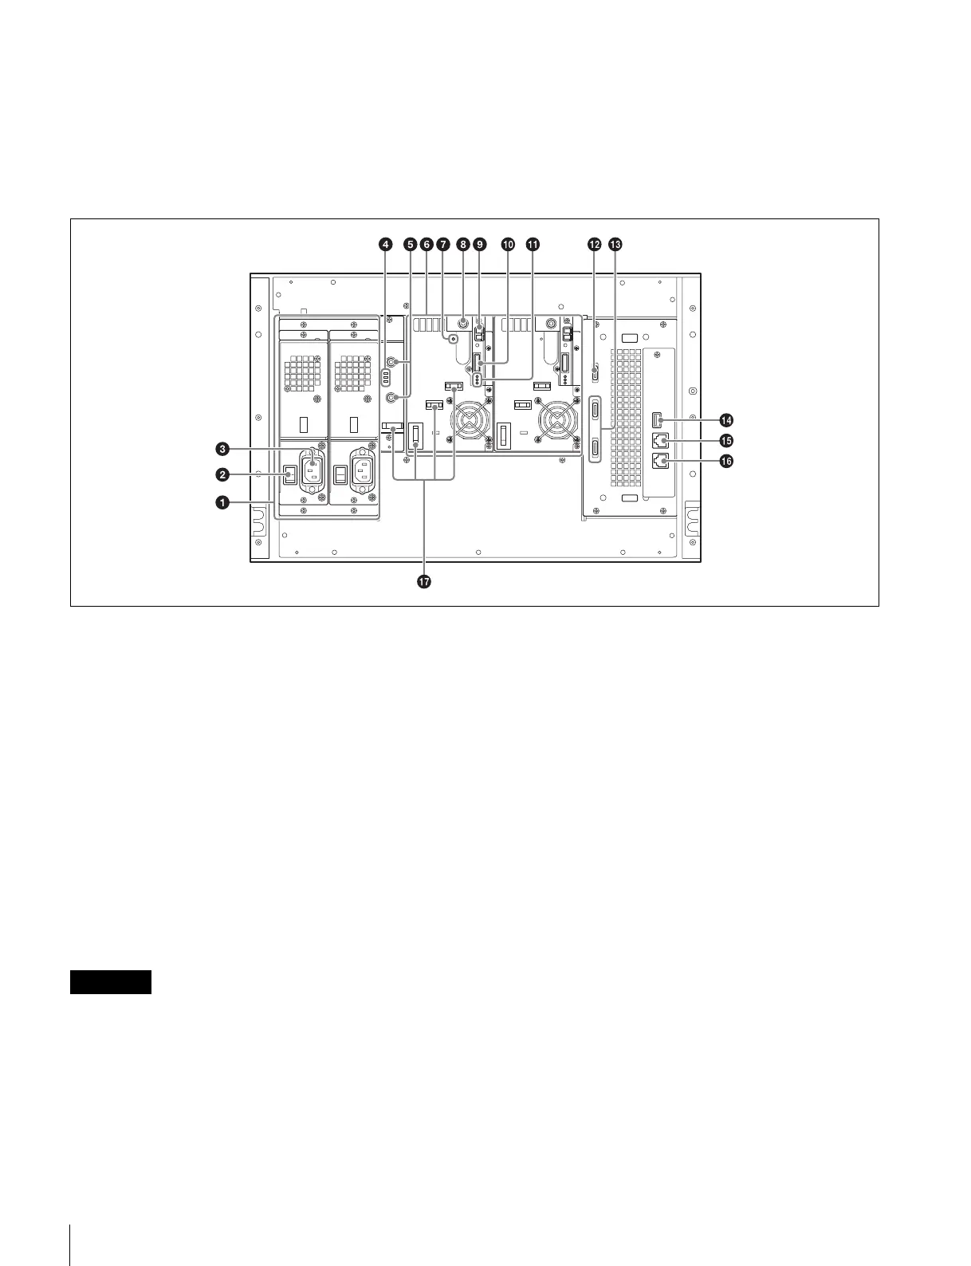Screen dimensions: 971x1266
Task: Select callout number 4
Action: coord(386,246)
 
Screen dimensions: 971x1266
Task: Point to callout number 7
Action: coord(444,246)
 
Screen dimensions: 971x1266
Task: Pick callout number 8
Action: coord(462,246)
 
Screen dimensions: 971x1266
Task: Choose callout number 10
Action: coord(507,246)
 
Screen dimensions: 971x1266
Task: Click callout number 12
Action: coord(594,246)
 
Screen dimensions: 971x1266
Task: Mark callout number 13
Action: coord(615,246)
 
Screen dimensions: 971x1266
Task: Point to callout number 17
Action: coord(423,583)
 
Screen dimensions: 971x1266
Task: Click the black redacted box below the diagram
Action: coord(110,982)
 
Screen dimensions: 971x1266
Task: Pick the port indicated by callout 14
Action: coord(657,420)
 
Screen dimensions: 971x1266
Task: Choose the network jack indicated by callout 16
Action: coord(658,461)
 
